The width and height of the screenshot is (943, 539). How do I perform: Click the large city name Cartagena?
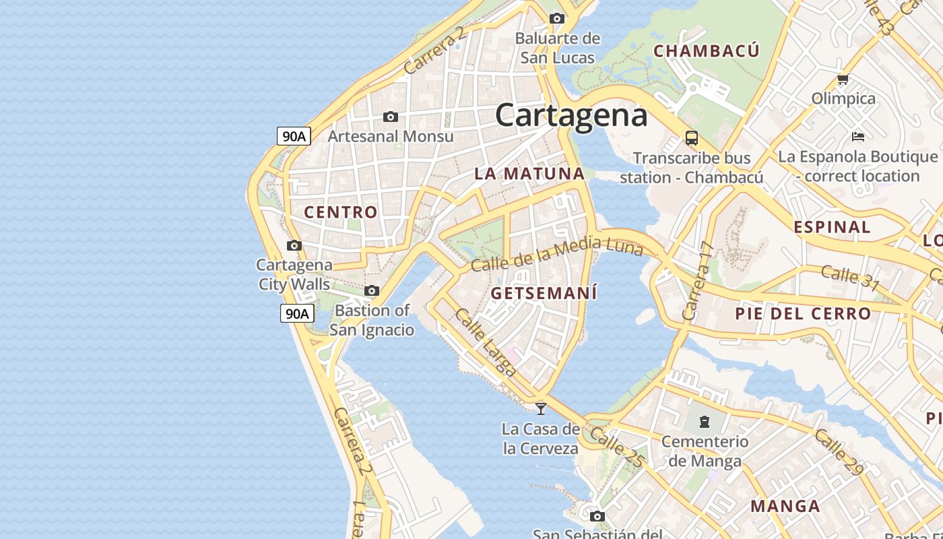(571, 116)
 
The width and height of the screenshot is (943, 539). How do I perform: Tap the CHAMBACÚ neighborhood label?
(707, 51)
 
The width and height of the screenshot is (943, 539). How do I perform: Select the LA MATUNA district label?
(529, 174)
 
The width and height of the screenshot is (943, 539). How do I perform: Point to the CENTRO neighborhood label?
(341, 212)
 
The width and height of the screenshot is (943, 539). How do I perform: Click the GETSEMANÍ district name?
(544, 294)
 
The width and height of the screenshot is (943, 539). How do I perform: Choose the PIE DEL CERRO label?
(803, 313)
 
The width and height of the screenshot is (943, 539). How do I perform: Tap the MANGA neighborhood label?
(785, 506)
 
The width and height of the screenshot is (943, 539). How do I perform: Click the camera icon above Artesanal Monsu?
(390, 117)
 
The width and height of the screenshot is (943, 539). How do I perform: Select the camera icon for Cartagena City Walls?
(294, 245)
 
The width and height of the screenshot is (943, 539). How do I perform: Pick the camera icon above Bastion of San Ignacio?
(371, 291)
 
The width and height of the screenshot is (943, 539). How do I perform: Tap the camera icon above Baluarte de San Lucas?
(557, 18)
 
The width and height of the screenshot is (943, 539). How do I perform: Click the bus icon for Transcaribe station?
(691, 138)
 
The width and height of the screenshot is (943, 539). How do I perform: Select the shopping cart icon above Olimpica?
(843, 80)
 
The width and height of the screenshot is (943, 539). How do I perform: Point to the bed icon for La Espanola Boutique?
(857, 137)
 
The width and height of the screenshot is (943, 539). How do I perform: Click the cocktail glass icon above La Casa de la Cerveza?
(540, 408)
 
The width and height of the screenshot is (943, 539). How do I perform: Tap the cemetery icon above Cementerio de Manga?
(705, 422)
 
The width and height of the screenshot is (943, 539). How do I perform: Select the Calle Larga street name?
(485, 343)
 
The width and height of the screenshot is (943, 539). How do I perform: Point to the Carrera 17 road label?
(698, 282)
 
